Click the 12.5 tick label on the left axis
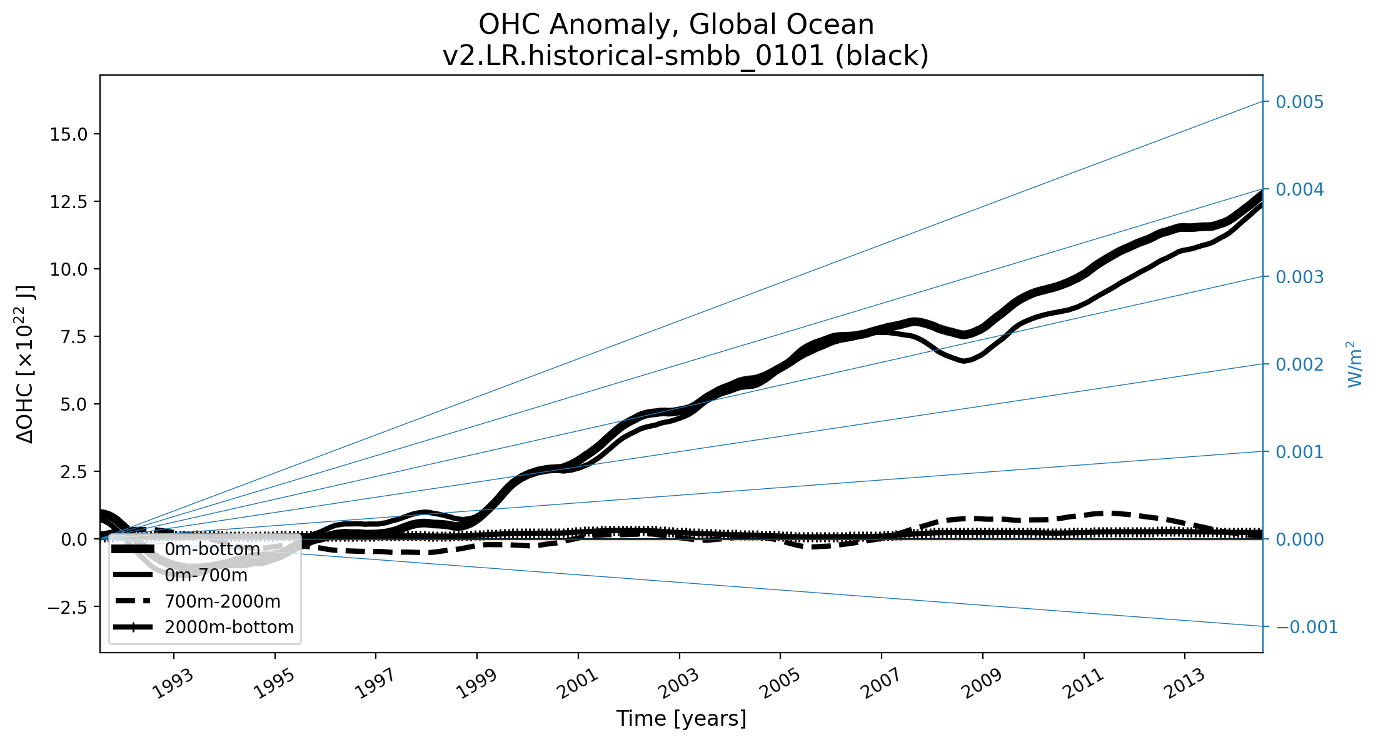click(x=69, y=202)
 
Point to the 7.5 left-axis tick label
click(x=74, y=337)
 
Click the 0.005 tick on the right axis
click(x=1300, y=102)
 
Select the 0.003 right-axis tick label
click(x=1300, y=277)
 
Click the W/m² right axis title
click(x=1354, y=364)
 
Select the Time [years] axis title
click(x=681, y=719)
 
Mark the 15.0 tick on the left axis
click(x=69, y=134)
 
